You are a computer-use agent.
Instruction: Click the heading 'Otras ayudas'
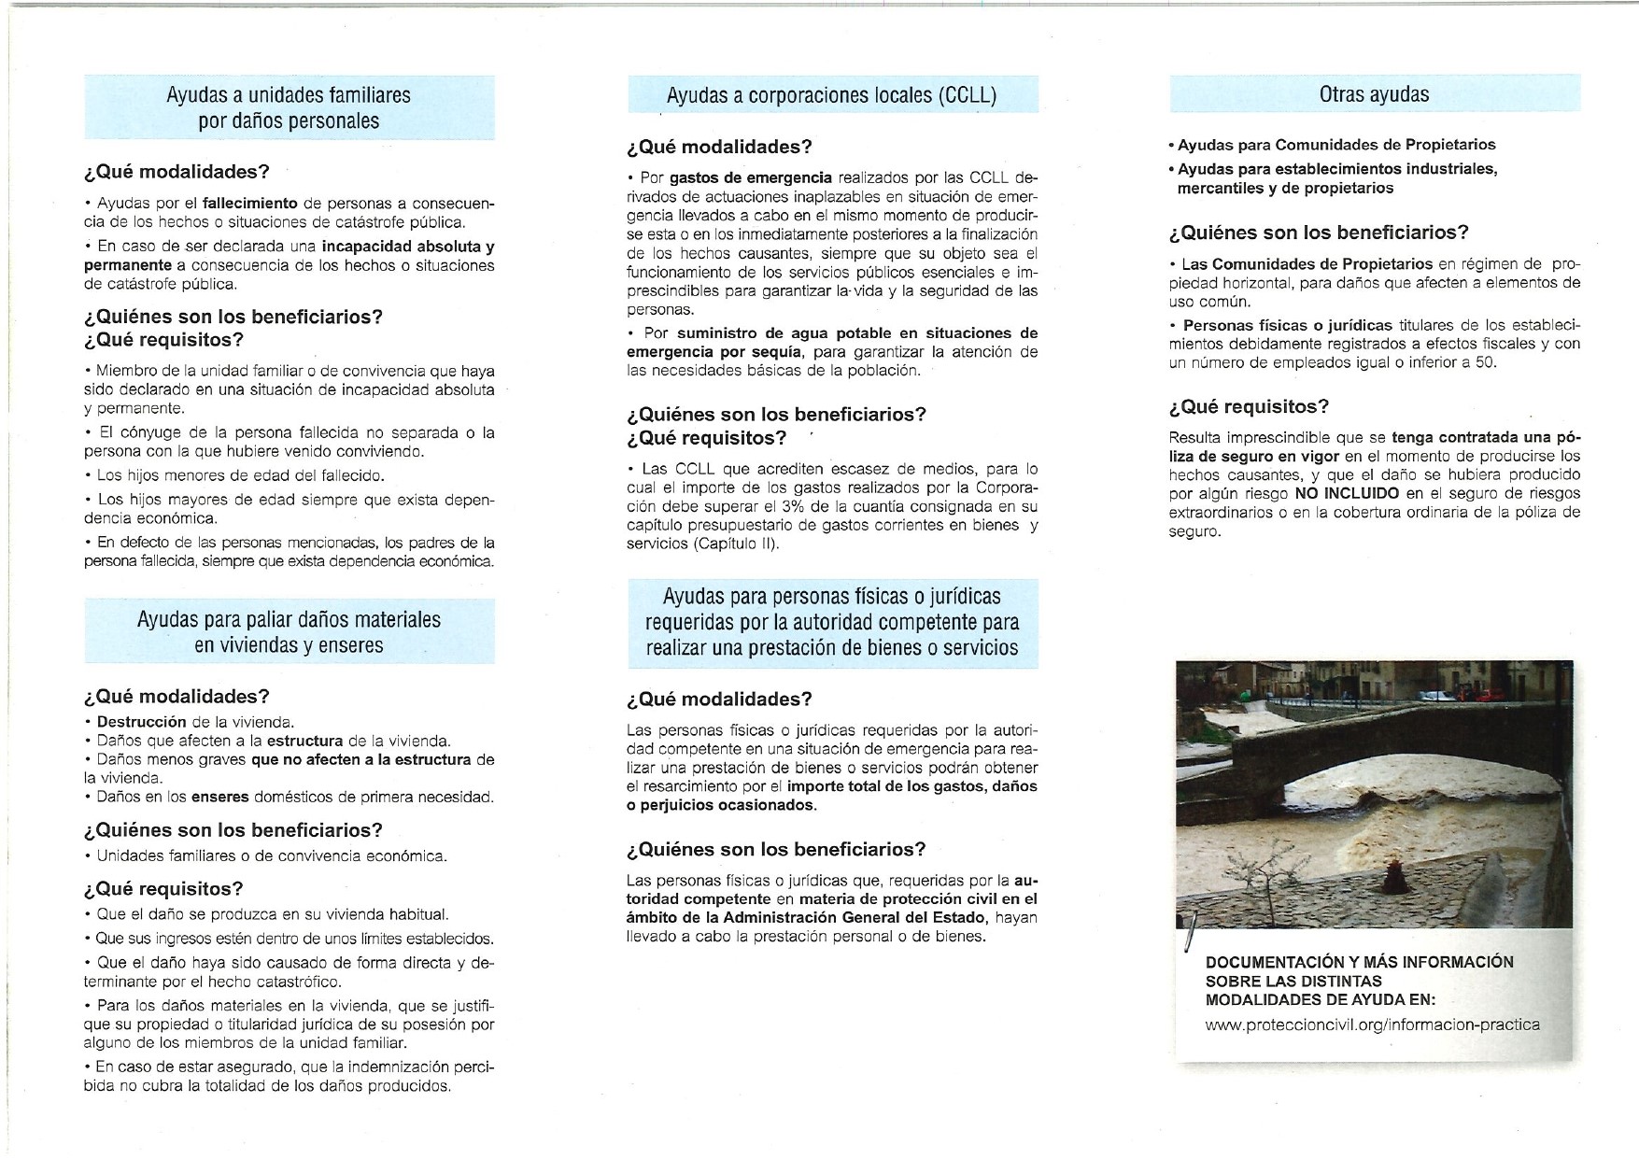coord(1374,94)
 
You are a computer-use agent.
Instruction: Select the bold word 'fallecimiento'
coord(249,203)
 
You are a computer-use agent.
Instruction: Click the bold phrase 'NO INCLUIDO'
coord(1349,493)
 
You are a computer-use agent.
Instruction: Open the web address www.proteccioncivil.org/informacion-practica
coord(1373,1025)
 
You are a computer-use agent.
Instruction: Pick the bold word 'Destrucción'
coord(142,722)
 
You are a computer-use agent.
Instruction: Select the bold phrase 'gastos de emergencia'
coord(750,177)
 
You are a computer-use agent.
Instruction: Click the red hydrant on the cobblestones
coord(1392,876)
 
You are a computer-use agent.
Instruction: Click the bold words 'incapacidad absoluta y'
coord(408,247)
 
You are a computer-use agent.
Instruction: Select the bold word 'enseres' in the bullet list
coord(220,797)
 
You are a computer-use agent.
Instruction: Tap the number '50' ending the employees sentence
coord(1483,362)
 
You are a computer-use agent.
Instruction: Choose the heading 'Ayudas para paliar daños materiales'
coord(289,619)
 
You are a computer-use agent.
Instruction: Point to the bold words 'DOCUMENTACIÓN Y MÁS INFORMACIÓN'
coord(1359,962)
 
